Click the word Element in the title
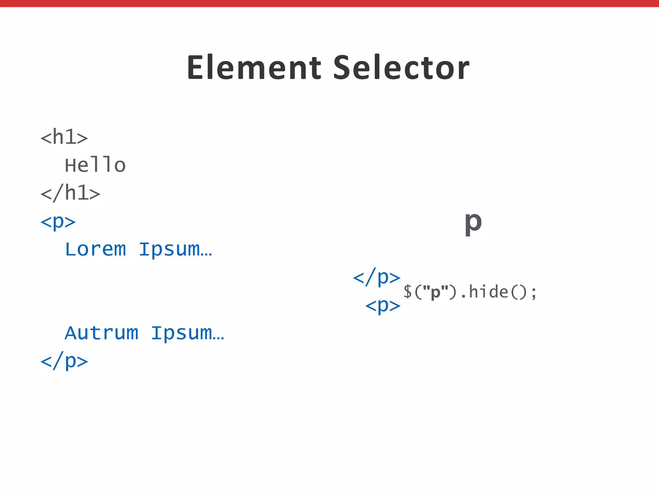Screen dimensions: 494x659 [x=254, y=68]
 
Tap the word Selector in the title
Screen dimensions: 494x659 [x=401, y=68]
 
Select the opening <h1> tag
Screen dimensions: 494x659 [x=64, y=137]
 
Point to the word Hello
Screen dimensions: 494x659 [x=95, y=165]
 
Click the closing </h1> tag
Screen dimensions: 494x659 [x=70, y=193]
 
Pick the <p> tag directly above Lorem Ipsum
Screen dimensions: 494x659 [x=58, y=222]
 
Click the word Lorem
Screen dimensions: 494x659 [x=95, y=249]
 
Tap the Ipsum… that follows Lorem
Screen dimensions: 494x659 [x=175, y=249]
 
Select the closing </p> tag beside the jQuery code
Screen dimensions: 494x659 [x=376, y=277]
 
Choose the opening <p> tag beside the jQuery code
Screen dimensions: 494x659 [x=383, y=305]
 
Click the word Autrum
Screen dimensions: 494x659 [x=101, y=333]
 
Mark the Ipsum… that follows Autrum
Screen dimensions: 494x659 [x=188, y=333]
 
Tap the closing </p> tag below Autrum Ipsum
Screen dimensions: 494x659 [x=64, y=361]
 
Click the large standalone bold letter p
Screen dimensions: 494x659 [x=473, y=223]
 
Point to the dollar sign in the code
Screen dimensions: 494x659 [x=407, y=292]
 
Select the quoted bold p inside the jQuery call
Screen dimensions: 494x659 [x=435, y=292]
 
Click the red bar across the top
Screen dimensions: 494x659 [x=329, y=3]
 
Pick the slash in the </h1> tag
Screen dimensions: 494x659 [x=58, y=193]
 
